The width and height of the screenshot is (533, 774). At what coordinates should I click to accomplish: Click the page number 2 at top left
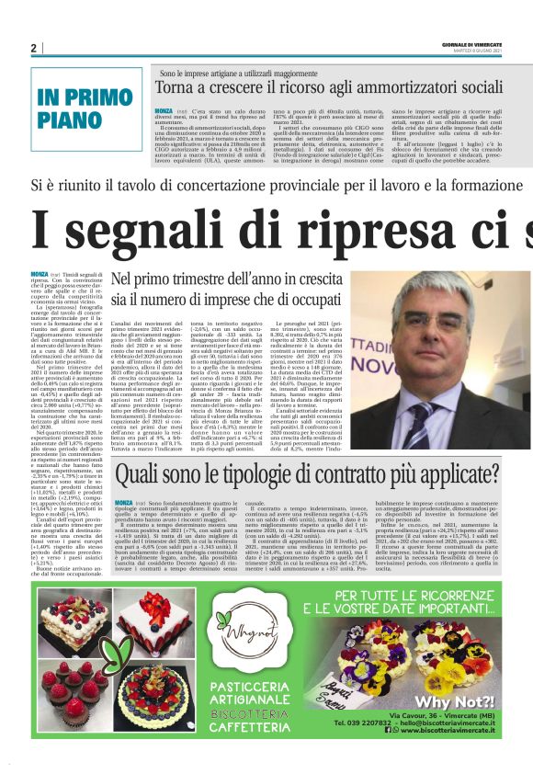[x=33, y=48]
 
